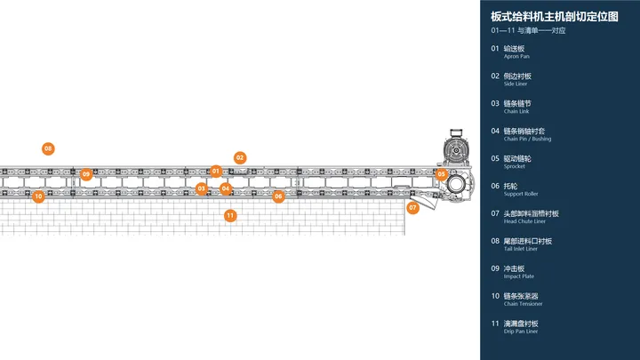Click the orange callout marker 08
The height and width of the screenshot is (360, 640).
point(48,148)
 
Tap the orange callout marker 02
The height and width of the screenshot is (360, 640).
point(240,157)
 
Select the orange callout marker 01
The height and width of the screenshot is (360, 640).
point(216,171)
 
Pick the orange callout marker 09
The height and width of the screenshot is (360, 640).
point(85,174)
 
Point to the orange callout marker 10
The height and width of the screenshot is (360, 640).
point(38,196)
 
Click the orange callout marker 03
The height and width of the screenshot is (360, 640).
point(201,188)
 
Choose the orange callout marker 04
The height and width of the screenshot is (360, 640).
point(226,188)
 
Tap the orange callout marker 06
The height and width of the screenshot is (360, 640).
point(278,196)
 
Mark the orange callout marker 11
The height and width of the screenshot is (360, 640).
point(230,215)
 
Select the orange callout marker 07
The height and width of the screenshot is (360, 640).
point(412,208)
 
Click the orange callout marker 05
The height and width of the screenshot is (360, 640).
point(441,174)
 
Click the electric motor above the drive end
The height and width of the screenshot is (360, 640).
point(456,147)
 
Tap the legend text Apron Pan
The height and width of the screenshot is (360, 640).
point(516,56)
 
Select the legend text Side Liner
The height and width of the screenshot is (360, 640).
point(516,84)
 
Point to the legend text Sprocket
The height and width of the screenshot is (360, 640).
point(515,166)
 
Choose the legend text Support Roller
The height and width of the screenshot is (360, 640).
point(521,194)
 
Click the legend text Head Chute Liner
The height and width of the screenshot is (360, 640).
point(524,221)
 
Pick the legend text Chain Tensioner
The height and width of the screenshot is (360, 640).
point(523,304)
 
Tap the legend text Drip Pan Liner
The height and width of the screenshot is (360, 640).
point(521,332)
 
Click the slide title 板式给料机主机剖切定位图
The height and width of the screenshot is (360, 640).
point(555,16)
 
